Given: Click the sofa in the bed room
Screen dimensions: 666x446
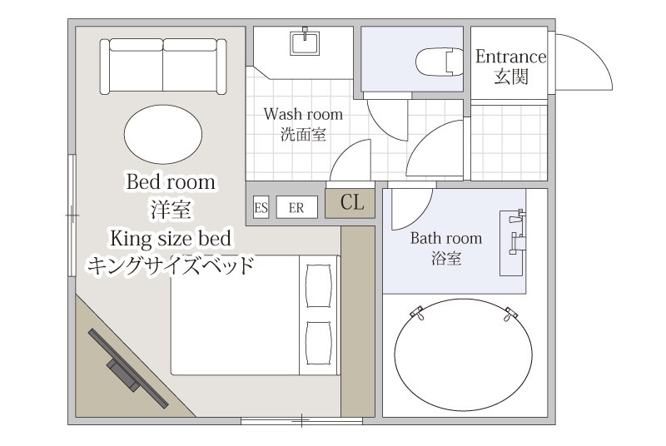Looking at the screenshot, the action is [163, 67].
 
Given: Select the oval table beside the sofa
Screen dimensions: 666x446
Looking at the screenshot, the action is [163, 134].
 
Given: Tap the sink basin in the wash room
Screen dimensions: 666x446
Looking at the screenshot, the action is [305, 42].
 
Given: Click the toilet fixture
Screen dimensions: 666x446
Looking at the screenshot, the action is [440, 62].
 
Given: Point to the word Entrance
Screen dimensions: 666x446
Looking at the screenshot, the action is [510, 57].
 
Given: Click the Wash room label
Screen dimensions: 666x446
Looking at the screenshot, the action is [303, 114].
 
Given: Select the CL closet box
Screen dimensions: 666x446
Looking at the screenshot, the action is [350, 204].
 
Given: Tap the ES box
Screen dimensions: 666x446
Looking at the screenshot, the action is [261, 207].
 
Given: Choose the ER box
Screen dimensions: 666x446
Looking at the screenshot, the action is [296, 207].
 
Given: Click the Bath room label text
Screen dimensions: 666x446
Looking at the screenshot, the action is [446, 238].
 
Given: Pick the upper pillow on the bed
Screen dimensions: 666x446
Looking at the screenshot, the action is [319, 285].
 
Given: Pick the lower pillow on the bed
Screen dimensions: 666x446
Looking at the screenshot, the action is [319, 343].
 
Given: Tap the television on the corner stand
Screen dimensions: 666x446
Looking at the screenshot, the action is [128, 369].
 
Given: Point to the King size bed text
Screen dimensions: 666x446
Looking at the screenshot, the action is [171, 239].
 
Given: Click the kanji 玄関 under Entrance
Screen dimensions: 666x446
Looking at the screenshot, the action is [511, 77].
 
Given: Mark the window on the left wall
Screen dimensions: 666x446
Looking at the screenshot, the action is [72, 216].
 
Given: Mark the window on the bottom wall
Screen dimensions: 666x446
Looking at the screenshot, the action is [301, 420].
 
